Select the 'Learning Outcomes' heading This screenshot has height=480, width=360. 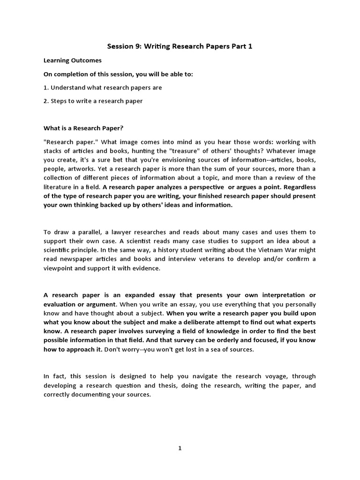click(72, 60)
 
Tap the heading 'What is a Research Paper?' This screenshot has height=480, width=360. click(83, 128)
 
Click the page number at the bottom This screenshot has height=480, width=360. click(180, 448)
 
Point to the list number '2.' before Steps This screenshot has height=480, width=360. click(46, 101)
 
